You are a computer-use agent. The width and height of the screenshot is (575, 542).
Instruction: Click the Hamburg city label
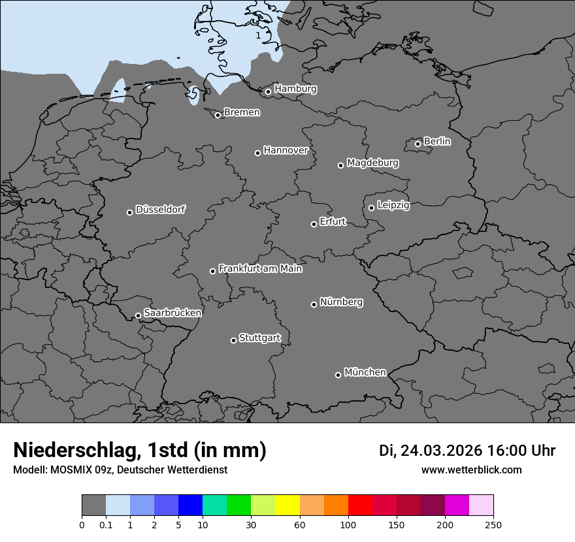click(295, 89)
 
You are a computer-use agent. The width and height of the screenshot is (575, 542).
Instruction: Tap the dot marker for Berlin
click(418, 144)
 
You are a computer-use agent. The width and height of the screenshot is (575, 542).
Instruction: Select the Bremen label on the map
click(242, 112)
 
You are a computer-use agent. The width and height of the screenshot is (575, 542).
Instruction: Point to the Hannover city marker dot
click(257, 153)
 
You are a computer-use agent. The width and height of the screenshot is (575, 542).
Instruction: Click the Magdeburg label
click(372, 163)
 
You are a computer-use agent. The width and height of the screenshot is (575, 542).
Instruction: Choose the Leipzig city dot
click(371, 208)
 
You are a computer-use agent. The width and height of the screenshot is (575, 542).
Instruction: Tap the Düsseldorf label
click(160, 210)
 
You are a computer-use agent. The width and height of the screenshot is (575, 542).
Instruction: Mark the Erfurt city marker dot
click(314, 224)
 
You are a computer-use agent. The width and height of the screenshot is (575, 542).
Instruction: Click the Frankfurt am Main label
click(260, 268)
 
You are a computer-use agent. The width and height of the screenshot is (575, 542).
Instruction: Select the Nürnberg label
click(341, 302)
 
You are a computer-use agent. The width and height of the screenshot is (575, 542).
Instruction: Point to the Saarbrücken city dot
click(138, 315)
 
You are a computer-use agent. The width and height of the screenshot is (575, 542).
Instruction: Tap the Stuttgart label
click(260, 338)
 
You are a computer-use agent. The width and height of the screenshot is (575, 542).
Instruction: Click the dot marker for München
click(338, 375)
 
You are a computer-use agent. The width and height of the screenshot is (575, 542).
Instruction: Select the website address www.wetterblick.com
click(472, 470)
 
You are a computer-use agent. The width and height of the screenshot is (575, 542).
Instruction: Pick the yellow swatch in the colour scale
click(287, 505)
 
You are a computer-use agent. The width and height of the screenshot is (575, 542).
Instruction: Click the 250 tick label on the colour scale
click(493, 524)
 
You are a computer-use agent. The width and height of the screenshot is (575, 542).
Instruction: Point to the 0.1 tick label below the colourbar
click(105, 524)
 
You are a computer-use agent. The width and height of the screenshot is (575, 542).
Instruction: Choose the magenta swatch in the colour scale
click(457, 505)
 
